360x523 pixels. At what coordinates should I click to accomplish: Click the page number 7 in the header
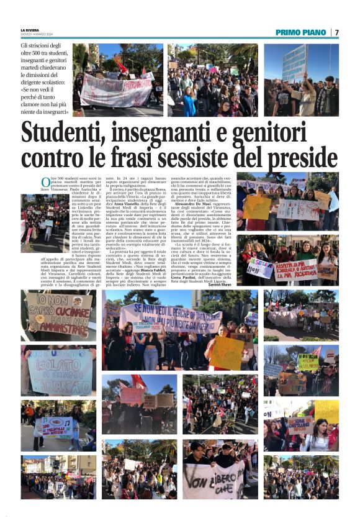[x=336, y=32]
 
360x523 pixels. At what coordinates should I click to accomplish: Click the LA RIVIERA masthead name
[x=29, y=30]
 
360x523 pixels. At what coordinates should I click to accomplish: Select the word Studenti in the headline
[x=72, y=133]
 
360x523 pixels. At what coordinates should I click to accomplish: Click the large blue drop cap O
[x=45, y=182]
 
